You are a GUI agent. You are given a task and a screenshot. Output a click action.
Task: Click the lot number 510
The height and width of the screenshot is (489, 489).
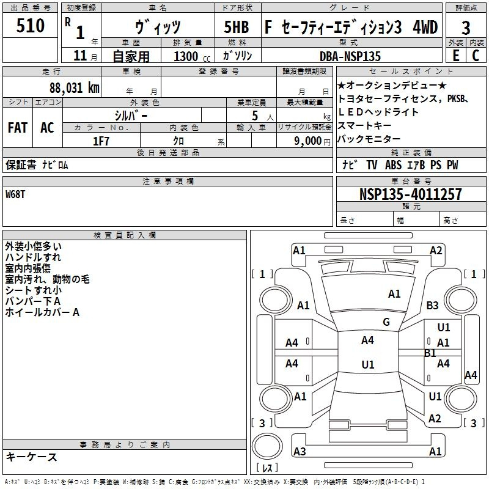(31, 26)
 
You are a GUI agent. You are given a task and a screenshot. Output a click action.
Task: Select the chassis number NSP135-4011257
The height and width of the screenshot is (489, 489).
(410, 194)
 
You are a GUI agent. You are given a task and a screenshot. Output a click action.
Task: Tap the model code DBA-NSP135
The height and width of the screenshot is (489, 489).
(350, 56)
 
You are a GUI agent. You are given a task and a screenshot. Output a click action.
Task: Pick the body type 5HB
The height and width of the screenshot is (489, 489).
(235, 28)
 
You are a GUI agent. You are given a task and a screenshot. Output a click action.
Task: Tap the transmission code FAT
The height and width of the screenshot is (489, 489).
(18, 128)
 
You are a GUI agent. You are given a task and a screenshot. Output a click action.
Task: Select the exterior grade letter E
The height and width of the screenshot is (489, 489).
(455, 56)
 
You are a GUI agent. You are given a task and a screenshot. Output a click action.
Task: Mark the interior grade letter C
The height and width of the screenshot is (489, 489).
(476, 56)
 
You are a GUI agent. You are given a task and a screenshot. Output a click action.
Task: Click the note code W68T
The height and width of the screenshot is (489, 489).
(17, 194)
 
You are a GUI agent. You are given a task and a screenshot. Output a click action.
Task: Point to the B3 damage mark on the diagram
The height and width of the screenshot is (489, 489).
(433, 305)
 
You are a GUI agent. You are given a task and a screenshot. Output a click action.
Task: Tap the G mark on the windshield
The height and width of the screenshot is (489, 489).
(386, 322)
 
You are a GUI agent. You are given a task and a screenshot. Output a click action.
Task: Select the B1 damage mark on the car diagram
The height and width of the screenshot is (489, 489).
(430, 353)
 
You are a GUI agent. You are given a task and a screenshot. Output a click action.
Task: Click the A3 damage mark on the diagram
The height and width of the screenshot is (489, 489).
(300, 452)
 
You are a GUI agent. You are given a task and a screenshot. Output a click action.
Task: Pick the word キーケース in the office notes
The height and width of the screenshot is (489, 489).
(32, 457)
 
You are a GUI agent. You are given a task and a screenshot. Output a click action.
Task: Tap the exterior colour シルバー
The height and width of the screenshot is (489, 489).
(131, 115)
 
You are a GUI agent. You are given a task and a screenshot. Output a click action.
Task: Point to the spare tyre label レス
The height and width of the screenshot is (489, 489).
(267, 468)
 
